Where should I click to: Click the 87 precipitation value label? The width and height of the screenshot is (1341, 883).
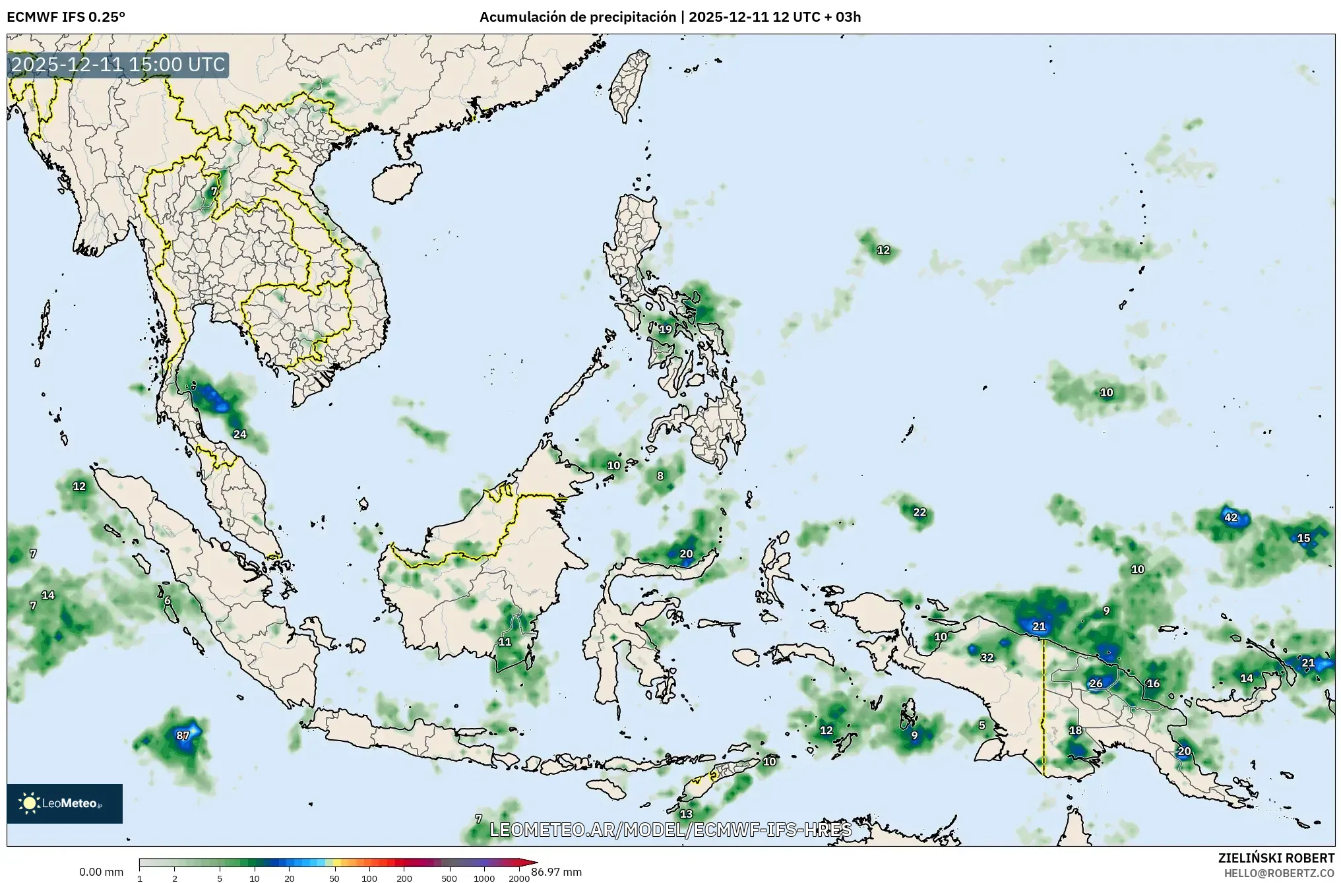coord(183,735)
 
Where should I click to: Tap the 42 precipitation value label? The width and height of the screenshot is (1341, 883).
coord(1231,517)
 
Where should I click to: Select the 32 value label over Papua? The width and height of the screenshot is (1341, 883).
coord(987,657)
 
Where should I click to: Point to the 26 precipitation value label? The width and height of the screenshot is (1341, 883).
coord(1096,683)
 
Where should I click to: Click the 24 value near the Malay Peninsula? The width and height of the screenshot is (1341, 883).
coord(240,434)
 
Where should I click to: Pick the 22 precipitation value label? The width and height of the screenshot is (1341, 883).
coord(920,512)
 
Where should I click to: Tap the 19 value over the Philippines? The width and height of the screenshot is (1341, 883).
coord(666,329)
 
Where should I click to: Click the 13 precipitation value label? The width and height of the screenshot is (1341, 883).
coord(687,814)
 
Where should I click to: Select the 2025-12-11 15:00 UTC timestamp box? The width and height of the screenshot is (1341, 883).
coord(118,65)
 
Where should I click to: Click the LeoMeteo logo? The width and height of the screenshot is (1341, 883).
coord(64,803)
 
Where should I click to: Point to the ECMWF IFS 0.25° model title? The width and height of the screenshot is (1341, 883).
coord(65,17)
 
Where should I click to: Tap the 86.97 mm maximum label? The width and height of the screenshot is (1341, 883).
coord(557,872)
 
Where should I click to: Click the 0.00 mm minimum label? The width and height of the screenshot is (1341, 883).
coord(101,872)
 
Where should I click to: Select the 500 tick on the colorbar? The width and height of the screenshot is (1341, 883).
coord(449,878)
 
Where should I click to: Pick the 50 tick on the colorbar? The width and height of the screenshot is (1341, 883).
coord(334,878)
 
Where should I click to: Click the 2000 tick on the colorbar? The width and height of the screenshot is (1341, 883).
coord(519,878)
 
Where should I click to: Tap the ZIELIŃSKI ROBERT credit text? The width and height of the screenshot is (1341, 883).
coord(1276,858)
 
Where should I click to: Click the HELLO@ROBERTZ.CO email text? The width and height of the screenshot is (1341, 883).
coord(1280,872)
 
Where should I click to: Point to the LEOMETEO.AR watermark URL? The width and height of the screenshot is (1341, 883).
coord(670,830)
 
